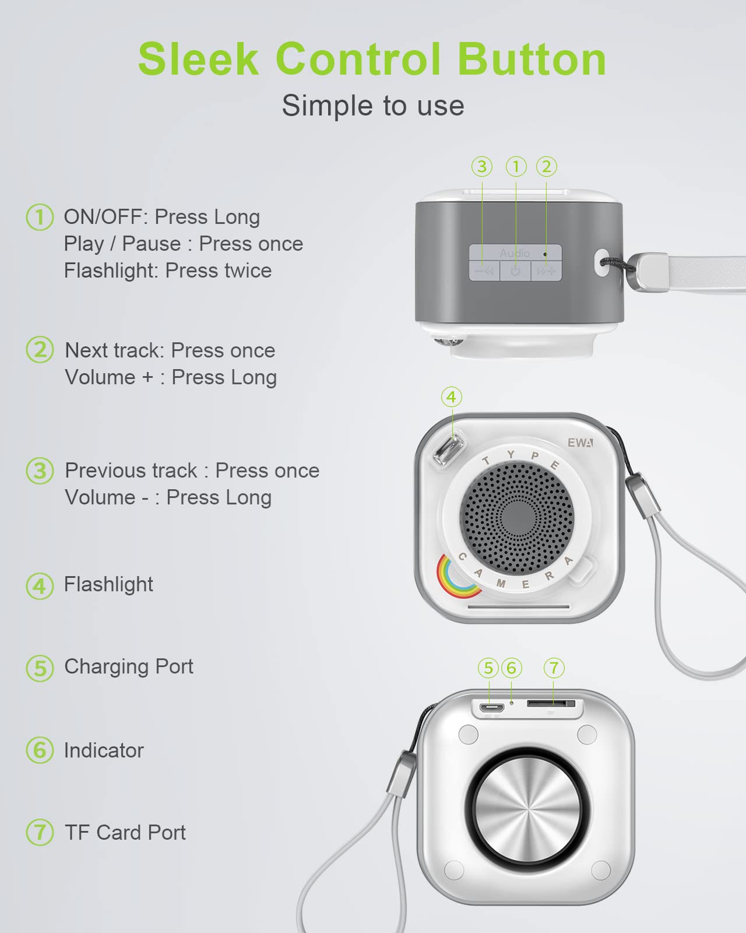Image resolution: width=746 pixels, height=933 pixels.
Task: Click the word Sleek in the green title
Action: [198, 59]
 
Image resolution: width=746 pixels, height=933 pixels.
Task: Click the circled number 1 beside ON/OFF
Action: [40, 217]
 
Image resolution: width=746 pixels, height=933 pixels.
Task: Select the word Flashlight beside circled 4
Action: [108, 584]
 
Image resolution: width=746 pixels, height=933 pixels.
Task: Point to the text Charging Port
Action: [129, 667]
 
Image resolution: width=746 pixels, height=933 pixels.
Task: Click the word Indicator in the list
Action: [104, 750]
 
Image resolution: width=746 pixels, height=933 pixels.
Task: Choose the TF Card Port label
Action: [125, 832]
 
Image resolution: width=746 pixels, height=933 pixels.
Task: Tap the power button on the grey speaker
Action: [515, 271]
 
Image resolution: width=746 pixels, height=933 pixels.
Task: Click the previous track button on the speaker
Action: [484, 271]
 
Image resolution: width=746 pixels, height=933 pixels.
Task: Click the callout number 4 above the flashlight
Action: [451, 397]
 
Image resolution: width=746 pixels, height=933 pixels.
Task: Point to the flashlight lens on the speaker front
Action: [449, 448]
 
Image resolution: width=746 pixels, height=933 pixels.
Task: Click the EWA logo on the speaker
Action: [580, 443]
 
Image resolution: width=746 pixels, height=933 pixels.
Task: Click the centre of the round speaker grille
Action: [517, 518]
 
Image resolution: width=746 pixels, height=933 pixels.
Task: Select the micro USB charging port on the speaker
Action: [491, 708]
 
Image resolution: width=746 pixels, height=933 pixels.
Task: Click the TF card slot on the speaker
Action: [551, 703]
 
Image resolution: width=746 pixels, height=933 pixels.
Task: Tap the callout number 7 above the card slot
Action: [554, 668]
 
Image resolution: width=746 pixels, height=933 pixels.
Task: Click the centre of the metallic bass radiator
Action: [527, 810]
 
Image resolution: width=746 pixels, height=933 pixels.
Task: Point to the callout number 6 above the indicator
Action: [512, 668]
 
